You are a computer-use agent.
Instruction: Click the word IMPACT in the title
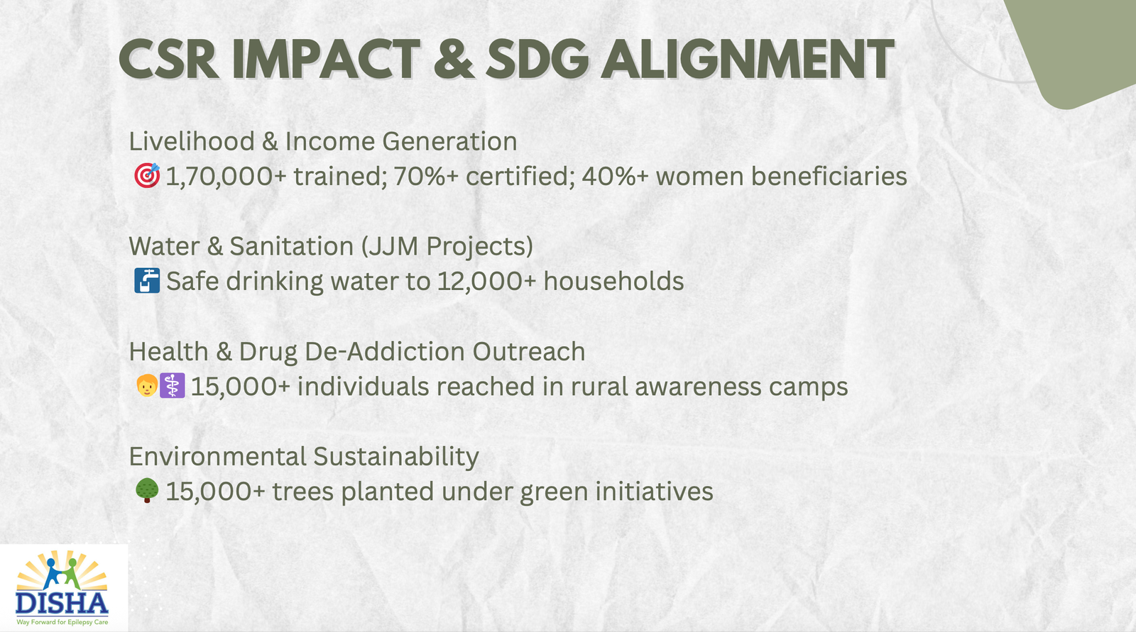coord(325,60)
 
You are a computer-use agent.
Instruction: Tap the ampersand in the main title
coord(453,60)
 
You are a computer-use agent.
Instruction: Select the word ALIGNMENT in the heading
coord(747,60)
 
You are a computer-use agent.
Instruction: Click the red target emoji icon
coord(147,175)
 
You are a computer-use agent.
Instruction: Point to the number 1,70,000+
coord(226,177)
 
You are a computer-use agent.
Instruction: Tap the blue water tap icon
coord(147,281)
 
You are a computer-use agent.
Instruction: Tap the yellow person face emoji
coord(146,386)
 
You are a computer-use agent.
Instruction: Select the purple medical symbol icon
coord(172,386)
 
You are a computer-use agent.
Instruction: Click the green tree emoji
coord(147,490)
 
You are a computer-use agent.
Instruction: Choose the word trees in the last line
coord(302,492)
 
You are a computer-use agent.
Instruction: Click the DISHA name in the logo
coord(62,604)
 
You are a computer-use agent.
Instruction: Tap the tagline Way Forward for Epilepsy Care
coord(62,622)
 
